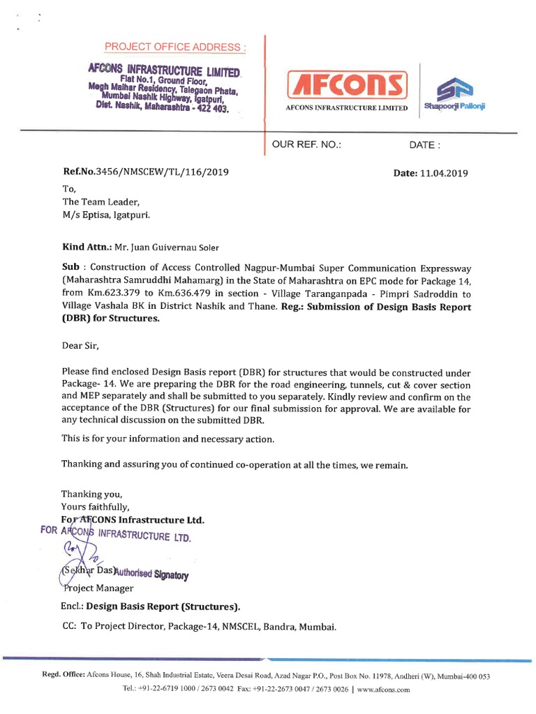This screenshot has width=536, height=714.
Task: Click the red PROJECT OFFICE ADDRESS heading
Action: [175, 47]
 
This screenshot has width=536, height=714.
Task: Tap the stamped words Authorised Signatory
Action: [151, 575]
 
